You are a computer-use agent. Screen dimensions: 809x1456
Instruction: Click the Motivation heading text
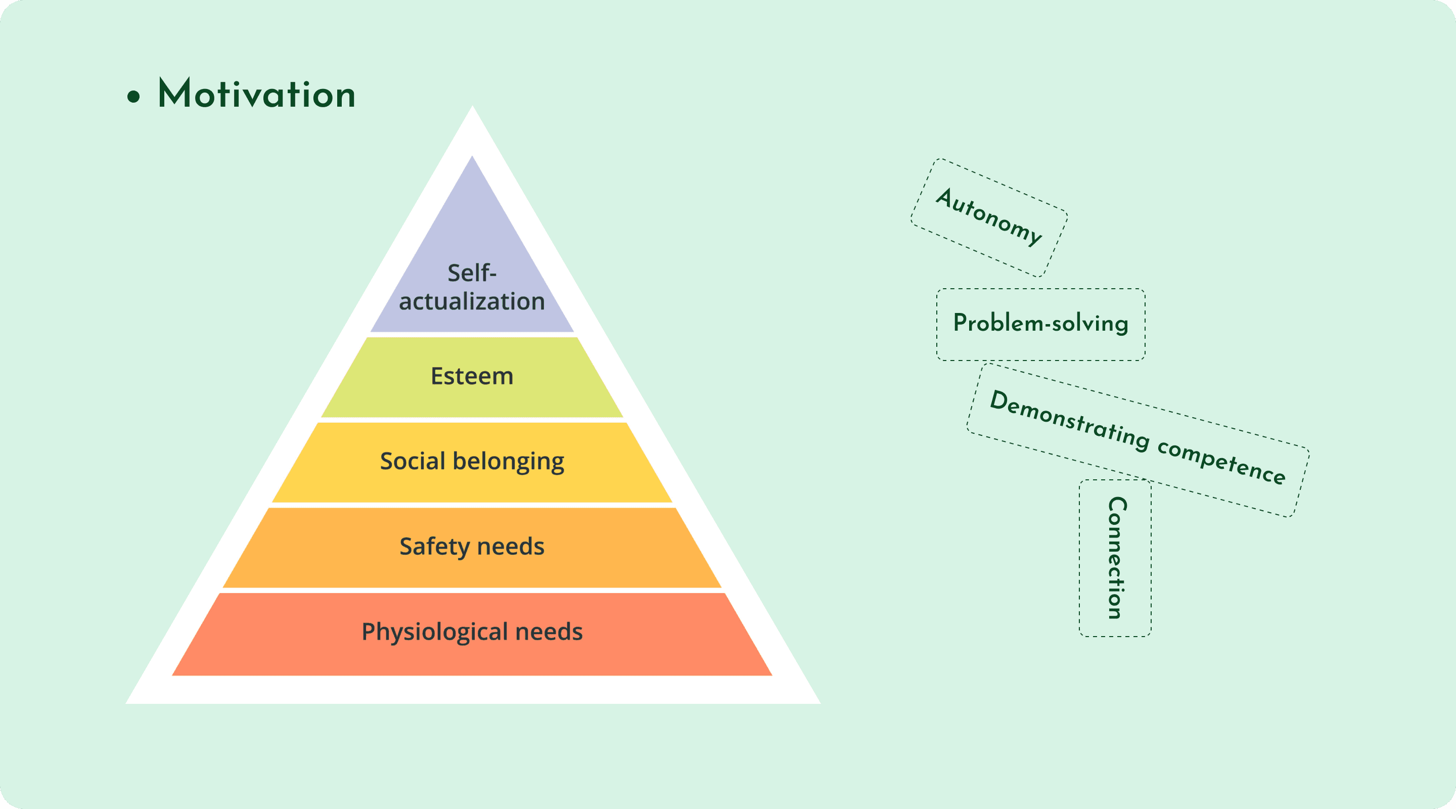point(257,94)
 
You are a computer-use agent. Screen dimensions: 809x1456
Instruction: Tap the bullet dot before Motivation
point(133,96)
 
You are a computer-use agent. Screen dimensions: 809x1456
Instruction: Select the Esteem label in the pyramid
point(472,377)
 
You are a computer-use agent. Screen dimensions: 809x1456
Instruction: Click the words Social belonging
point(472,461)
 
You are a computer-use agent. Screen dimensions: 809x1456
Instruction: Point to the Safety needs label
point(472,547)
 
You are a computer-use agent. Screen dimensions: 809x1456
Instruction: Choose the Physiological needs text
point(472,632)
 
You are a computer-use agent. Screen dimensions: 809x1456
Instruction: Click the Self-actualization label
point(472,287)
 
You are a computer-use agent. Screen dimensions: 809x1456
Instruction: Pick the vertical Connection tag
point(1116,558)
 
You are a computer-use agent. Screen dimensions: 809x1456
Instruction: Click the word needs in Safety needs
point(511,547)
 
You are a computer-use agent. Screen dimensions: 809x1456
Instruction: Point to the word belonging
point(508,462)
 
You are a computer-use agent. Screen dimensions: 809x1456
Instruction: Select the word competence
point(1221,461)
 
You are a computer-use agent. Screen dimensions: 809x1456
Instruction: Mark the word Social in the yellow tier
point(413,461)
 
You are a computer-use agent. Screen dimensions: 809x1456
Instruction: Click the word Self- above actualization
point(472,273)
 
